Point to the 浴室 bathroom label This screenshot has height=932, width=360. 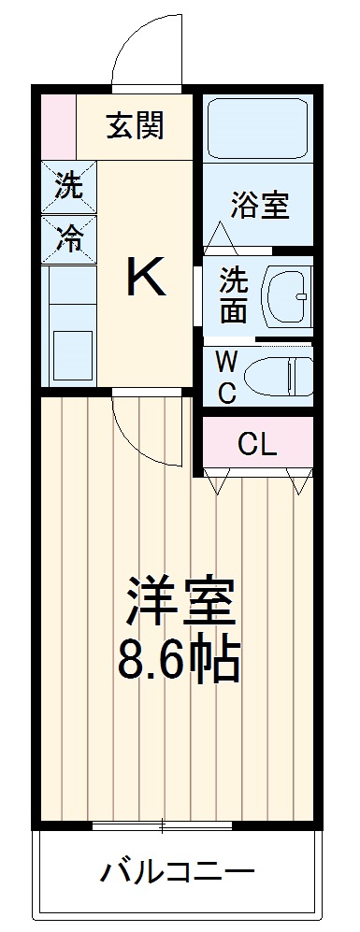tap(259, 205)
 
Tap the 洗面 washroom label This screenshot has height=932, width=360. tap(233, 296)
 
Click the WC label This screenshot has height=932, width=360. tap(226, 377)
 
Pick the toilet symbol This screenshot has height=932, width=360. tap(279, 377)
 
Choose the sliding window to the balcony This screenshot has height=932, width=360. tap(163, 825)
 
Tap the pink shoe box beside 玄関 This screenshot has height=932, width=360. tap(58, 123)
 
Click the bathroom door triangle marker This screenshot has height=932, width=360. tap(222, 237)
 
